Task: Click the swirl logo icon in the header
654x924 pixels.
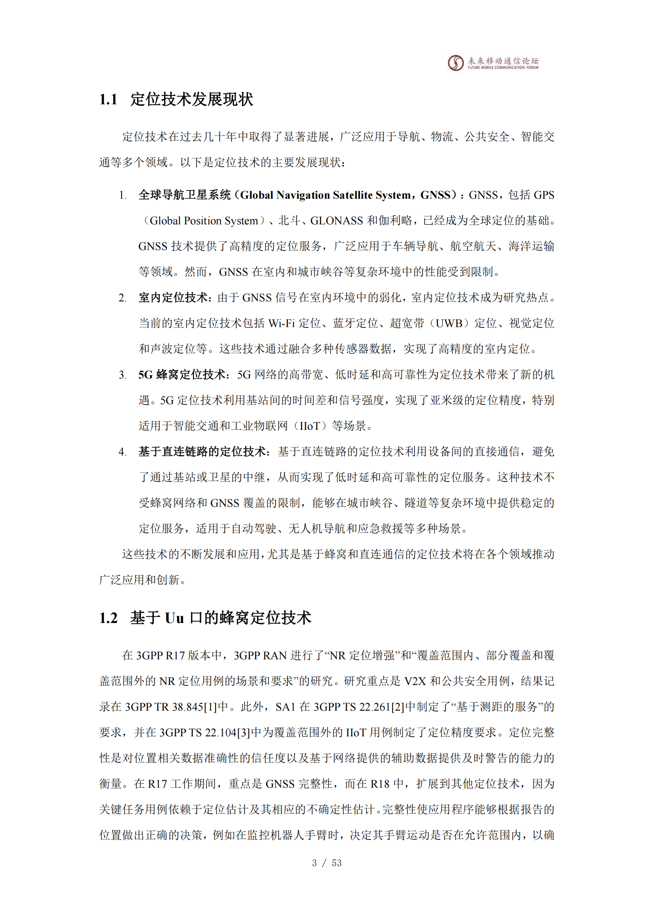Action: [x=456, y=63]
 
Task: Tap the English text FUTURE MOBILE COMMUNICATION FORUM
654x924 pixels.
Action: [x=503, y=68]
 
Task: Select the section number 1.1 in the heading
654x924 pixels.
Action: [x=108, y=100]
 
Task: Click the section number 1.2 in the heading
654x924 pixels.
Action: [x=108, y=618]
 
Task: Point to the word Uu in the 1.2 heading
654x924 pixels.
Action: [x=174, y=618]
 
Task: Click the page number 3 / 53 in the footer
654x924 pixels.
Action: [x=327, y=863]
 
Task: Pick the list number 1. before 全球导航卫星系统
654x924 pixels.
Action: [x=123, y=196]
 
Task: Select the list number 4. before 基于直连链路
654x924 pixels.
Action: [x=123, y=452]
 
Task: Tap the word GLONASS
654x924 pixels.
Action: [x=336, y=220]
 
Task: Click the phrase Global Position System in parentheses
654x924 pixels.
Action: [x=204, y=220]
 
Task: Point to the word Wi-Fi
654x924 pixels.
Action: [x=282, y=323]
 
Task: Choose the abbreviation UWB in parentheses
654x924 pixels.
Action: [x=449, y=323]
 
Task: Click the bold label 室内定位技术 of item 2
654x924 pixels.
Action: [x=174, y=297]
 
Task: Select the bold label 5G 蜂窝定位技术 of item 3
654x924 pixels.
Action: [x=181, y=374]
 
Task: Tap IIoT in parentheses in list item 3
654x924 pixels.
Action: [x=310, y=426]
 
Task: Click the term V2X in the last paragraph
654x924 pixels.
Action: [x=415, y=681]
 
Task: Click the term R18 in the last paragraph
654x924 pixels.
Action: [x=380, y=783]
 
